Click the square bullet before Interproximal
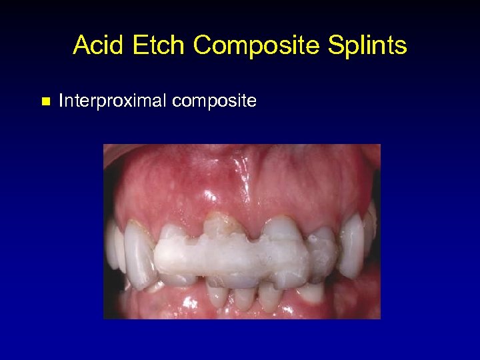(x=45, y=102)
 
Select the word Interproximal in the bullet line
(x=113, y=101)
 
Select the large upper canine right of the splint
(x=351, y=243)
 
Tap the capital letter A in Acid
(x=81, y=45)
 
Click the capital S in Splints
(x=335, y=45)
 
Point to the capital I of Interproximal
(x=61, y=101)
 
